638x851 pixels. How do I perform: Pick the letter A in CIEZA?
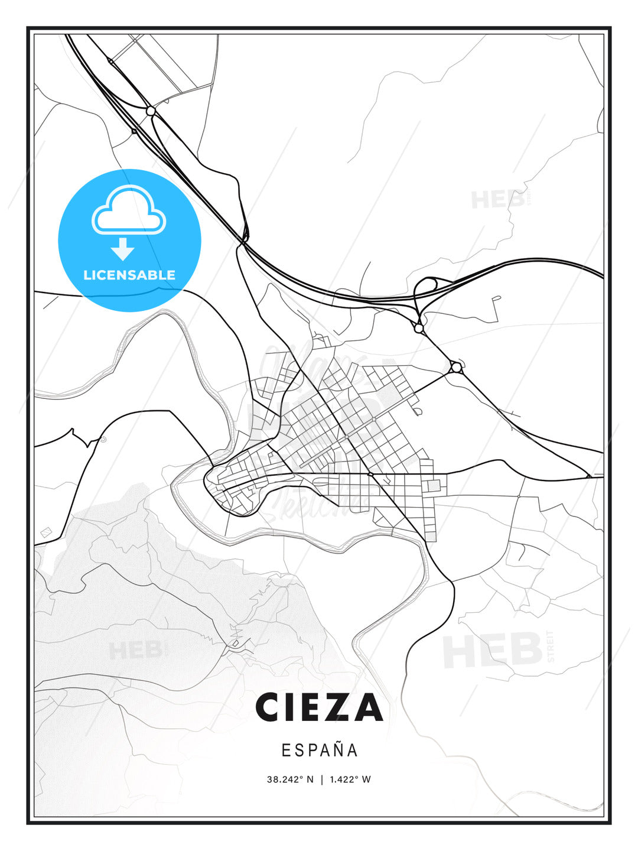[x=367, y=707]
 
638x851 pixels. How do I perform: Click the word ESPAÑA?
[x=320, y=750]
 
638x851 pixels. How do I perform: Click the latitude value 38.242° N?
[x=290, y=779]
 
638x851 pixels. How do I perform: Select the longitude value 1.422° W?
[x=350, y=779]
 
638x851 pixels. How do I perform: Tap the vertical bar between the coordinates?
[x=322, y=779]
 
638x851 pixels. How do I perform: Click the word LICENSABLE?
[x=129, y=275]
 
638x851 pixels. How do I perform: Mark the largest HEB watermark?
[x=493, y=650]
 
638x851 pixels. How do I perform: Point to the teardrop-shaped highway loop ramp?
[x=425, y=293]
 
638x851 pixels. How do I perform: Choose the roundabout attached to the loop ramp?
[x=419, y=327]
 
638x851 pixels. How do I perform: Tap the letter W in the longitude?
[x=366, y=779]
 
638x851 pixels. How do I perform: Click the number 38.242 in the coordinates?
[x=282, y=779]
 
